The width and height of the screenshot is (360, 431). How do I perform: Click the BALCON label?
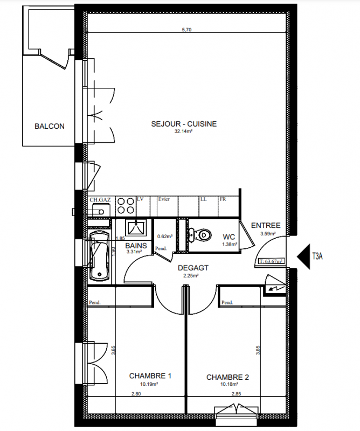pyautogui.click(x=50, y=126)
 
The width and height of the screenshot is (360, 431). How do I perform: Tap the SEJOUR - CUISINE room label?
pyautogui.click(x=184, y=124)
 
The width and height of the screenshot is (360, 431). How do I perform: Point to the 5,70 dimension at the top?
pyautogui.click(x=186, y=30)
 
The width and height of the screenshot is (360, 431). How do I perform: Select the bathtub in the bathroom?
pyautogui.click(x=100, y=255)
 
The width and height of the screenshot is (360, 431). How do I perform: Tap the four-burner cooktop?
pyautogui.click(x=126, y=206)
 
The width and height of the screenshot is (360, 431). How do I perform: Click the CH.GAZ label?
pyautogui.click(x=100, y=200)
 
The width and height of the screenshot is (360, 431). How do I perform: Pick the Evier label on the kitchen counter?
pyautogui.click(x=164, y=199)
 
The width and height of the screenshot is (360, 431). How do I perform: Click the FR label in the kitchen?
pyautogui.click(x=223, y=199)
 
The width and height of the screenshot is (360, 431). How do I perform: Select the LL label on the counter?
pyautogui.click(x=204, y=199)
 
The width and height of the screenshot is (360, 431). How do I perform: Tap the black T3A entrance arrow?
pyautogui.click(x=303, y=256)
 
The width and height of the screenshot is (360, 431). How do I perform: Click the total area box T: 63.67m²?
pyautogui.click(x=272, y=261)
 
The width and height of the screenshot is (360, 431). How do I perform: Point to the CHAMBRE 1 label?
pyautogui.click(x=150, y=376)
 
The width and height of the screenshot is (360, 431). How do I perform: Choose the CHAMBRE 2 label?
pyautogui.click(x=227, y=377)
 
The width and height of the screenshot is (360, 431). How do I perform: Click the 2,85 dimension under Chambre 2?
pyautogui.click(x=236, y=394)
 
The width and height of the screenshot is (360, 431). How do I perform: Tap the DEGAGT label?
pyautogui.click(x=193, y=268)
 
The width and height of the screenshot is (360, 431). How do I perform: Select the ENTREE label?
pyautogui.click(x=266, y=225)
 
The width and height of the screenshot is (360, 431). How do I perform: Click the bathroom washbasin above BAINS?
pyautogui.click(x=136, y=228)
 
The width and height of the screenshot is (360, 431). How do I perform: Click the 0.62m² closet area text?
pyautogui.click(x=165, y=236)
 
